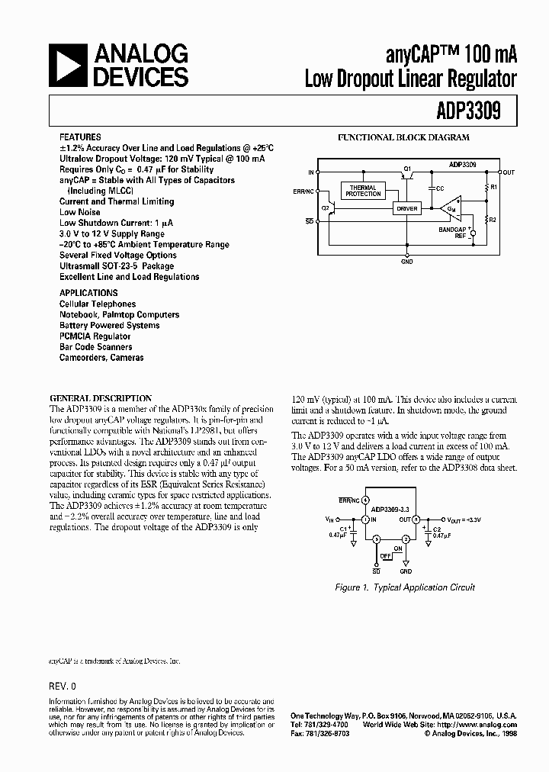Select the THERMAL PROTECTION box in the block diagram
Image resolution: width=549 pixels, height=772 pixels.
click(363, 191)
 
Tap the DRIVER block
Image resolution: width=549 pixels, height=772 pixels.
click(406, 207)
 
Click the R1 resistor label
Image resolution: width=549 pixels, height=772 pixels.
click(493, 186)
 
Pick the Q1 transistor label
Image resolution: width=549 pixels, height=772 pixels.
click(407, 167)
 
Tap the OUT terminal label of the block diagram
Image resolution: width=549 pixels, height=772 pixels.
click(509, 172)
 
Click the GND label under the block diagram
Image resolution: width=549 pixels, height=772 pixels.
click(407, 262)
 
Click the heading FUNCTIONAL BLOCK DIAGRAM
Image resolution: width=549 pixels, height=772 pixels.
click(403, 138)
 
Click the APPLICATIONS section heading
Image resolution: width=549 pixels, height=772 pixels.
click(88, 293)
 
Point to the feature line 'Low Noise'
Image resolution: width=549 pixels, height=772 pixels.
click(80, 212)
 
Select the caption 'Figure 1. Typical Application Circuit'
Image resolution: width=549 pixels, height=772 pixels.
click(405, 587)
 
